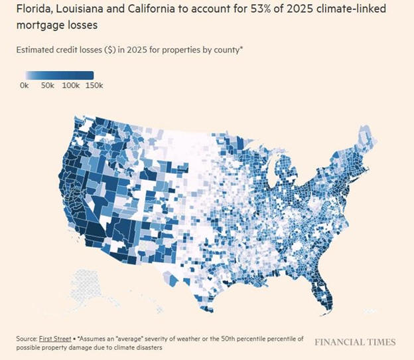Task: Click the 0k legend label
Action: click(24, 86)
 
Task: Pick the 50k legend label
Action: click(48, 86)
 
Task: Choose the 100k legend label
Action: click(71, 86)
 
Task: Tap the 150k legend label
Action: click(95, 86)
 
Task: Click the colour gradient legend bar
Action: click(60, 75)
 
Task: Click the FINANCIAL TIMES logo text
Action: click(355, 342)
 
